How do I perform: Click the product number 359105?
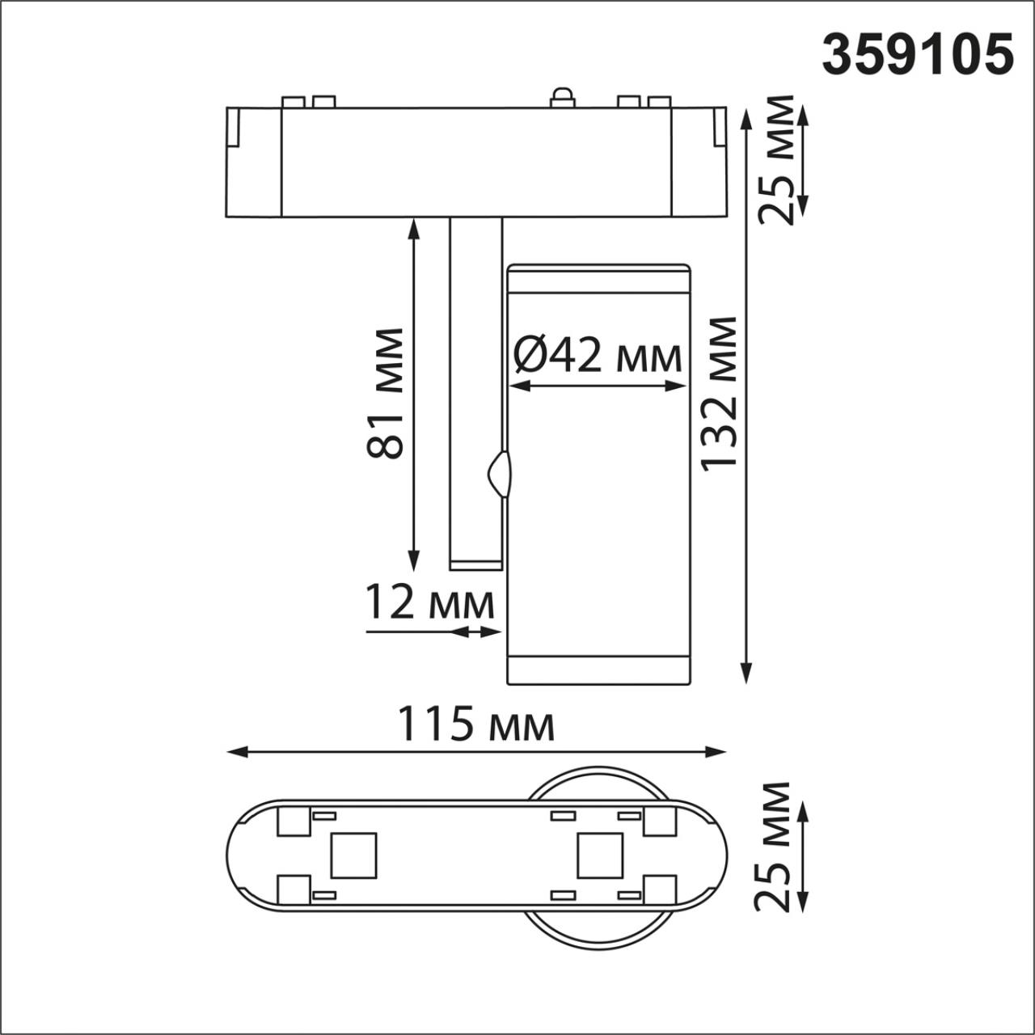tap(918, 55)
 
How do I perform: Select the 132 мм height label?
tap(719, 393)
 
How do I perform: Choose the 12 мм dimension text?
tap(429, 602)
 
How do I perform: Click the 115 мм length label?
tap(475, 724)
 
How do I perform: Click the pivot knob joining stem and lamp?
tap(499, 474)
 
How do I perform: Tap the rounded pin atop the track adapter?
tap(560, 97)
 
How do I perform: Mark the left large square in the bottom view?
tap(353, 856)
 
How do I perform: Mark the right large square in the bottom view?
tap(600, 856)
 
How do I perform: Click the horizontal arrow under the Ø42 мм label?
tap(598, 387)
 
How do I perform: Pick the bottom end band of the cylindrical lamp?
tap(598, 670)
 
